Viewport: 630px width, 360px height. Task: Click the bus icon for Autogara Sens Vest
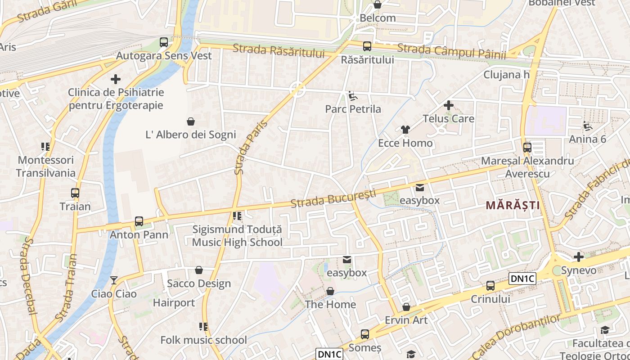(x=164, y=43)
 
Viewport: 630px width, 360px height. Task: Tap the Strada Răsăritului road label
(x=279, y=50)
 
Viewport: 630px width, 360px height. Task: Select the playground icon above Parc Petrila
(x=353, y=96)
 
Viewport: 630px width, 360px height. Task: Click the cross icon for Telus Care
(x=448, y=106)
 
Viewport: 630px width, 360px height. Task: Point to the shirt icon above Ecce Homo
(x=405, y=130)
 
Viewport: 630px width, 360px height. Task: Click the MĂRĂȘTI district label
(x=513, y=205)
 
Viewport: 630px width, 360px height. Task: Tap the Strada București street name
(x=333, y=199)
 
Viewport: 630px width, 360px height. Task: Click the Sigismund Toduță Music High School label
(x=237, y=236)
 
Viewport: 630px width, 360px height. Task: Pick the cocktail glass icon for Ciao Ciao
(x=114, y=280)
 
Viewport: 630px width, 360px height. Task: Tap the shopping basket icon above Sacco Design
(x=199, y=270)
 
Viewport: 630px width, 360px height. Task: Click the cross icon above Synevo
(x=579, y=257)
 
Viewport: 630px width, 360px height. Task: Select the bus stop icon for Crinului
(x=490, y=286)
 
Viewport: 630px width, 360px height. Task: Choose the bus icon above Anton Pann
(x=139, y=221)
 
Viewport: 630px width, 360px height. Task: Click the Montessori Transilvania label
(x=45, y=166)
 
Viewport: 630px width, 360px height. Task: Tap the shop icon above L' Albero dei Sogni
(x=191, y=121)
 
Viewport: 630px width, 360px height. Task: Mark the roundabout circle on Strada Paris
(x=297, y=90)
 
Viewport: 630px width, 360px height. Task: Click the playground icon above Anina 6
(x=587, y=126)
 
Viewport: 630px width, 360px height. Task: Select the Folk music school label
(x=203, y=340)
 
